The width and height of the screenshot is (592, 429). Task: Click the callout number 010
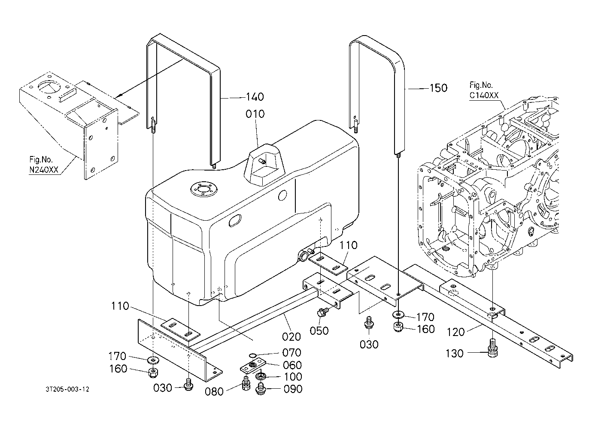[x=255, y=114]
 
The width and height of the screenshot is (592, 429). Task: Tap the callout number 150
[x=438, y=88]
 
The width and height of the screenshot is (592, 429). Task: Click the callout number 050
[x=319, y=330]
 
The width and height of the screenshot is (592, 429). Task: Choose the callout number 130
[x=455, y=353]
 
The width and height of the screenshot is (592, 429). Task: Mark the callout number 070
[x=292, y=353]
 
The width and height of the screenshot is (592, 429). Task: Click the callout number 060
[x=292, y=365]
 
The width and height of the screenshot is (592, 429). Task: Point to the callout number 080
[x=215, y=391]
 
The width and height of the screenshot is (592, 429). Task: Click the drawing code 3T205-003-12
[x=67, y=389]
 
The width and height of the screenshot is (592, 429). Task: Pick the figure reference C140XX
[x=484, y=96]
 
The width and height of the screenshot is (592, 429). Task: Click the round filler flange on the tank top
[x=202, y=189]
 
